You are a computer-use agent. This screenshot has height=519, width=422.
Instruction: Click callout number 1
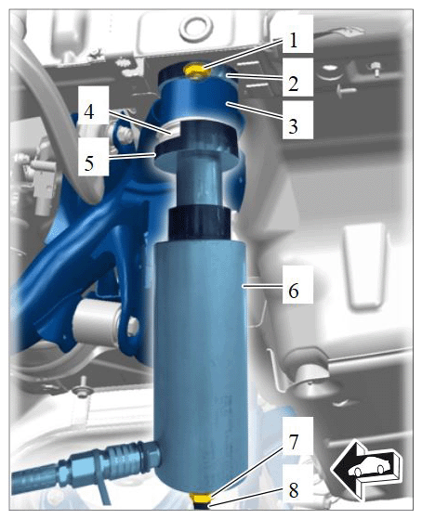coord(293,41)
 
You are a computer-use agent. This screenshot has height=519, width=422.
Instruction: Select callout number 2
coord(293,83)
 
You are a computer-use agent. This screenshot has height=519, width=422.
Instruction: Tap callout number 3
coord(293,126)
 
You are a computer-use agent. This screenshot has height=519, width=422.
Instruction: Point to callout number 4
coord(89,111)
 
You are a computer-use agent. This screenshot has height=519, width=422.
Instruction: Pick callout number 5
coord(89,162)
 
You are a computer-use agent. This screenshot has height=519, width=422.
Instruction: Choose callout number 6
coord(294,291)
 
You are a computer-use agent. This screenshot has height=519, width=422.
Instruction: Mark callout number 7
coord(294,443)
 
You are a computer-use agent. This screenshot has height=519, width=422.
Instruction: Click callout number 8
coord(294,490)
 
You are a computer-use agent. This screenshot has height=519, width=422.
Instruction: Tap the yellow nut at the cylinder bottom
coord(201,498)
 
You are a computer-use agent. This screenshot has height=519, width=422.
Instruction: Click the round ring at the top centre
coord(195,26)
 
